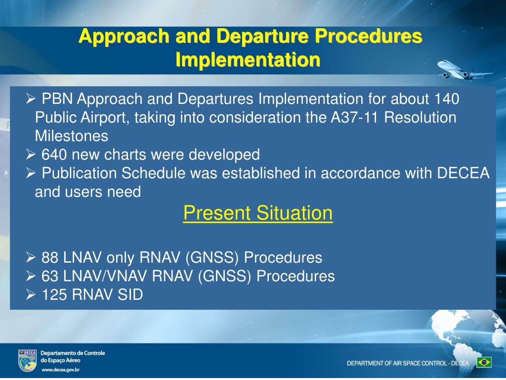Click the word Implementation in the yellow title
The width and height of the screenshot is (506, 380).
(248, 59)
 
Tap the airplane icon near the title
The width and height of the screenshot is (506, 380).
(463, 69)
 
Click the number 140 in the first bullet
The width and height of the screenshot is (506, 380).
(447, 99)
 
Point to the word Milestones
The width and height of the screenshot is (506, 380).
(71, 136)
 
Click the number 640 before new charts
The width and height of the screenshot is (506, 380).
(54, 155)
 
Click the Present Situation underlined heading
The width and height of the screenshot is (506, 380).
(257, 214)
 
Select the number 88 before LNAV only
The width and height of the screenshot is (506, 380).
(50, 258)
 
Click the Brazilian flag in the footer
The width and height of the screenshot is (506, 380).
(484, 362)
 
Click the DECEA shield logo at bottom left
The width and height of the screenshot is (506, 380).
(27, 360)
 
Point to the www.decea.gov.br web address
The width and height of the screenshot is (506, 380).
(60, 370)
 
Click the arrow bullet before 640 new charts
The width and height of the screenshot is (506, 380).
(31, 155)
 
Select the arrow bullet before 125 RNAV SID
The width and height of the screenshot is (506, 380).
(31, 295)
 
